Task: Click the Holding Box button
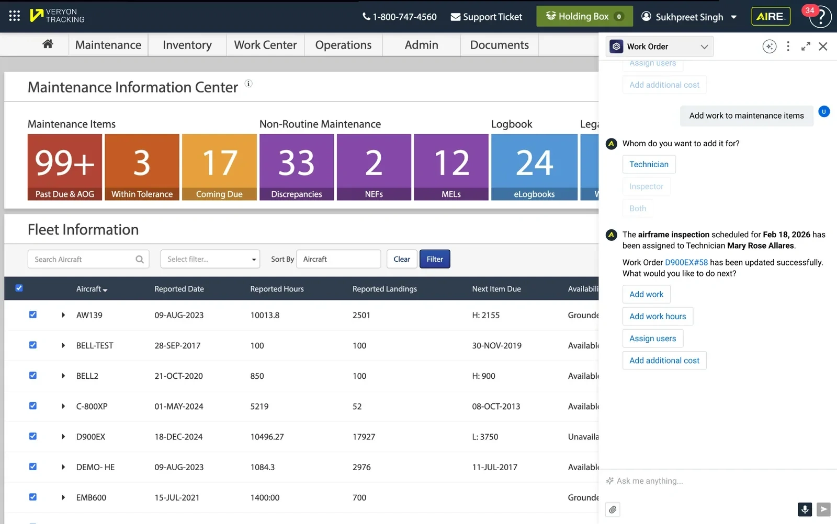(584, 16)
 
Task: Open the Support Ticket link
(486, 17)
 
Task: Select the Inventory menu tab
(187, 45)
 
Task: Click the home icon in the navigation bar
(48, 44)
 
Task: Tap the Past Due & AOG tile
(65, 167)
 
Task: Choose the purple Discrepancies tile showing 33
(297, 167)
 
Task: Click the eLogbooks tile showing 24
(534, 167)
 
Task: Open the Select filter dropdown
(210, 259)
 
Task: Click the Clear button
(402, 259)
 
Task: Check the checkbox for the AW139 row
(33, 315)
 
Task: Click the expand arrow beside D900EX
(63, 437)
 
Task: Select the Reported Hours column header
(277, 289)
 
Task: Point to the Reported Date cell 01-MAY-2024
(179, 406)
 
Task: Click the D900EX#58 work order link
(686, 262)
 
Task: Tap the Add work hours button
(658, 316)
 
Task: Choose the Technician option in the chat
(649, 164)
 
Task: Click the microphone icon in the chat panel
(805, 509)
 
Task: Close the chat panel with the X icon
(823, 46)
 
